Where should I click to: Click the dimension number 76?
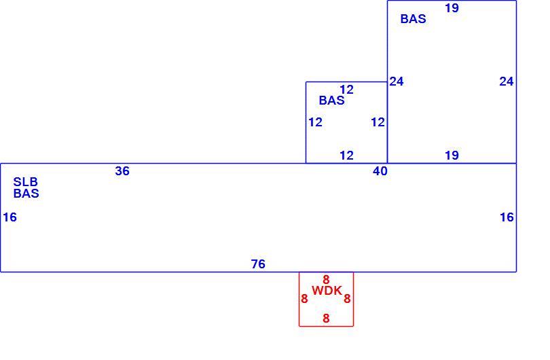pyautogui.click(x=258, y=264)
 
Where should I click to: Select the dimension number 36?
pyautogui.click(x=122, y=171)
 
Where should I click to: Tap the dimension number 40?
pyautogui.click(x=380, y=171)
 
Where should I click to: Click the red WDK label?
pyautogui.click(x=327, y=290)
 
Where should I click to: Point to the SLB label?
pyautogui.click(x=26, y=182)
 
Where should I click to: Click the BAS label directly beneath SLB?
pyautogui.click(x=26, y=194)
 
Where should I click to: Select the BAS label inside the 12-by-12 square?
pyautogui.click(x=332, y=101)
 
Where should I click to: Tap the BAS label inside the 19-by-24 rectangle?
pyautogui.click(x=414, y=18)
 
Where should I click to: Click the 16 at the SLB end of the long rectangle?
pyautogui.click(x=10, y=217)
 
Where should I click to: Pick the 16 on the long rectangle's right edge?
pyautogui.click(x=507, y=217)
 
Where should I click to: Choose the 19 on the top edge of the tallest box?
pyautogui.click(x=452, y=7)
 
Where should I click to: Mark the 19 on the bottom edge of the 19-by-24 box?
pyautogui.click(x=452, y=155)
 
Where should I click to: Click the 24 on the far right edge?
pyautogui.click(x=507, y=82)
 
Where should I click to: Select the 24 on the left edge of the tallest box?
pyautogui.click(x=397, y=82)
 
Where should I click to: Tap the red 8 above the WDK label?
pyautogui.click(x=326, y=280)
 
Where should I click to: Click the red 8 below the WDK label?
pyautogui.click(x=326, y=319)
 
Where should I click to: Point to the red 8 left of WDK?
pyautogui.click(x=304, y=299)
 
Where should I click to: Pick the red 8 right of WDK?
pyautogui.click(x=347, y=299)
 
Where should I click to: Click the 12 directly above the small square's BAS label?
pyautogui.click(x=346, y=90)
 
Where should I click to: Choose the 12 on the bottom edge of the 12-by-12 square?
pyautogui.click(x=346, y=155)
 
